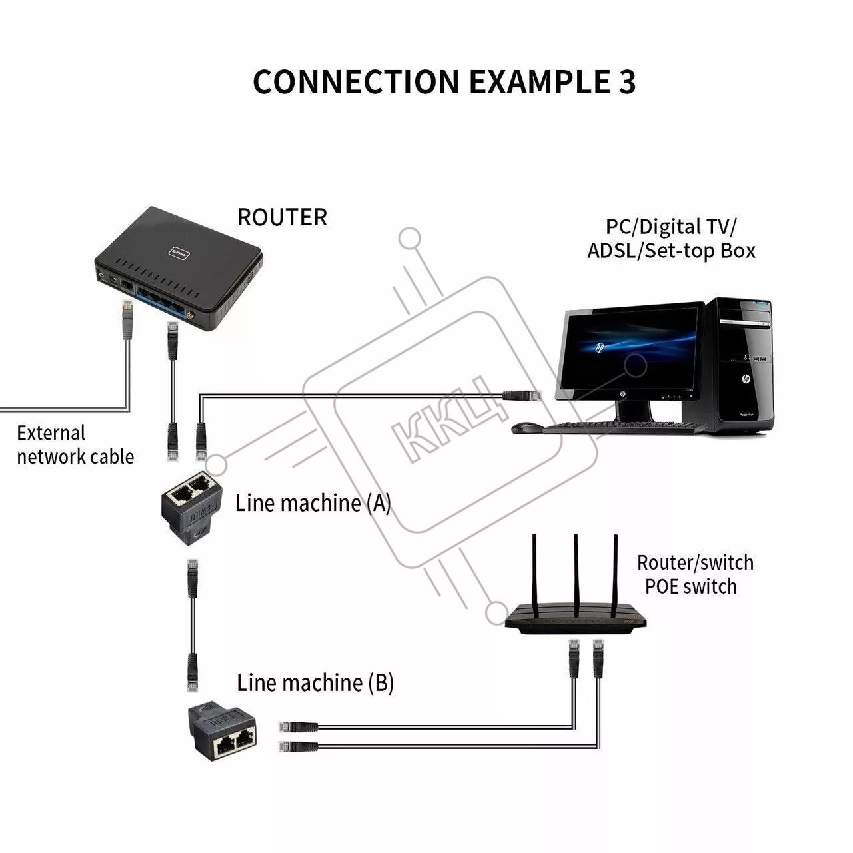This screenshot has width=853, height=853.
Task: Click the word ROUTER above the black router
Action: [282, 217]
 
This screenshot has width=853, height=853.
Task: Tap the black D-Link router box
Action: [179, 267]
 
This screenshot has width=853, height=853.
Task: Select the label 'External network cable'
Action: [75, 444]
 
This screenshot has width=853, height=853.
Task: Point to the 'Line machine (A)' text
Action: [313, 503]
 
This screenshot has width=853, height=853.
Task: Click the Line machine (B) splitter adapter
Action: [223, 730]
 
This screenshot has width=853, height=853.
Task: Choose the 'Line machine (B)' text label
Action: [315, 682]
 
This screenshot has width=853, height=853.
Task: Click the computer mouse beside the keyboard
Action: [526, 427]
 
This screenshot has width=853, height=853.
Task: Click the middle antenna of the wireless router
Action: [576, 573]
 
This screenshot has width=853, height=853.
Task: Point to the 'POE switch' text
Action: [690, 586]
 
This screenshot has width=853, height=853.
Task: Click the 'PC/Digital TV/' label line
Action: [670, 227]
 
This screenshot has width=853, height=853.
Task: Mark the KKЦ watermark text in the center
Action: [453, 420]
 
